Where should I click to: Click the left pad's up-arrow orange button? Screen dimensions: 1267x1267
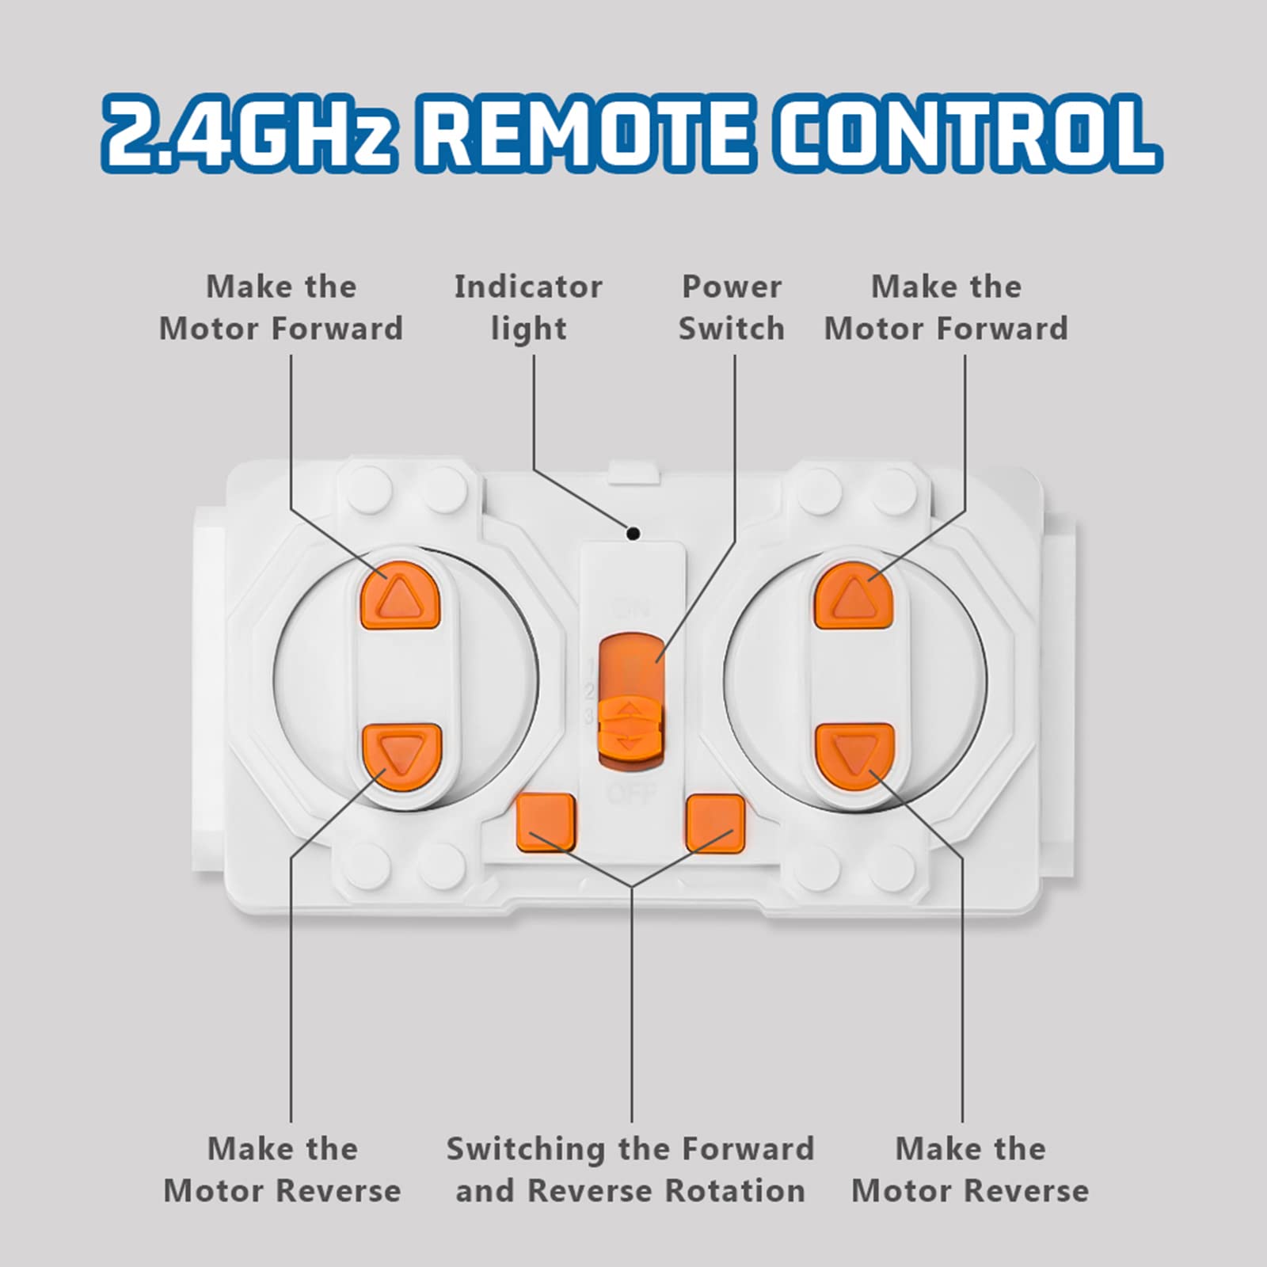[x=401, y=595]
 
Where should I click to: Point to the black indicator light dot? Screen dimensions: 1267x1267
[x=633, y=534]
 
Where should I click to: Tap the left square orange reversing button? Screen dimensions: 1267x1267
[x=546, y=824]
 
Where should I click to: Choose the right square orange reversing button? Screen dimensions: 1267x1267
[x=716, y=824]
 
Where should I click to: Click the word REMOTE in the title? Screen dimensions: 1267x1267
[x=590, y=132]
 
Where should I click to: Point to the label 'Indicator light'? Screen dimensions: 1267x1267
[x=528, y=308]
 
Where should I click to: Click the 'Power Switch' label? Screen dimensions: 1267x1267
[x=732, y=308]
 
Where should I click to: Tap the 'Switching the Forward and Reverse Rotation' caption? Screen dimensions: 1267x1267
[x=630, y=1170]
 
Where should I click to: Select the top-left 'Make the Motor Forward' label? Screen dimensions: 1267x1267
[x=281, y=308]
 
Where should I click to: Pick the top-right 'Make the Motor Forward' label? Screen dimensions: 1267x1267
[x=946, y=308]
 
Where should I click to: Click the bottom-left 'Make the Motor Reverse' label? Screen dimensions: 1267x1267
[x=282, y=1170]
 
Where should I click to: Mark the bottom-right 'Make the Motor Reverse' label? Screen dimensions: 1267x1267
[x=970, y=1170]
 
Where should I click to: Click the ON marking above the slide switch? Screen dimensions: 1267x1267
[x=630, y=609]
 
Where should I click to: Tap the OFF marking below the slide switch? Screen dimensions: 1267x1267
[x=630, y=792]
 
